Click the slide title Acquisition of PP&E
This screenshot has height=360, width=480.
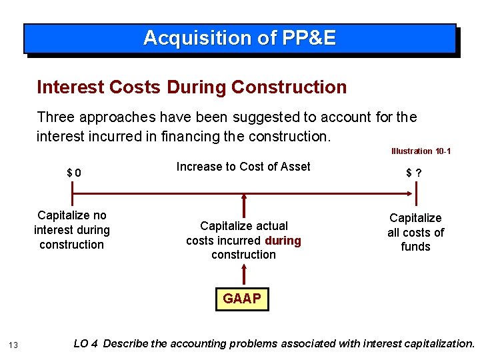coord(239,38)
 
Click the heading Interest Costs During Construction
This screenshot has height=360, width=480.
coord(192,87)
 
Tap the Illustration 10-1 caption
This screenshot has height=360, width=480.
coord(421,151)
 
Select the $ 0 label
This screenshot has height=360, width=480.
coord(74,173)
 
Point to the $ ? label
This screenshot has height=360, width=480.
coord(414,173)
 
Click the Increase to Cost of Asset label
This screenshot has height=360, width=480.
coord(243,167)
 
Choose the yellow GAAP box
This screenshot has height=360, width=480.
coord(242,299)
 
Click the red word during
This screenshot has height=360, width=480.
coord(283,240)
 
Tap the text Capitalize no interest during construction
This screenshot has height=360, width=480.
coord(72,230)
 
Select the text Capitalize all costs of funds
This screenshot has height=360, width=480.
coord(415,232)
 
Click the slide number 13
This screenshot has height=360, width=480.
coord(14,344)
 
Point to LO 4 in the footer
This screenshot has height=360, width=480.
coord(86,343)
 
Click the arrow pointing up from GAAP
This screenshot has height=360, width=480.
coord(244,274)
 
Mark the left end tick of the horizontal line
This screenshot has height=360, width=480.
coord(72,194)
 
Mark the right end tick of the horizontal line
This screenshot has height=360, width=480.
coord(417,194)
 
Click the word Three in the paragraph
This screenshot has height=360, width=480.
coord(55,117)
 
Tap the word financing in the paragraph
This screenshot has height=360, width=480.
coord(205,136)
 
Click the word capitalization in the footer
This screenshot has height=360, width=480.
coord(437,343)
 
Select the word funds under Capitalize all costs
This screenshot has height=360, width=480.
coord(415,247)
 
